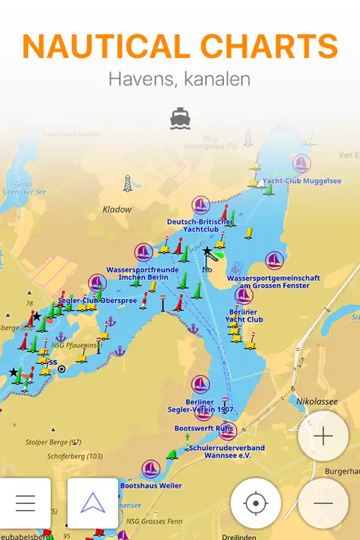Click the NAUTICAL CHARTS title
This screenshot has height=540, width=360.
click(180, 47)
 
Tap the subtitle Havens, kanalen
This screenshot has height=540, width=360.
click(179, 79)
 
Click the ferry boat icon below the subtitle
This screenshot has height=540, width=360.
click(179, 118)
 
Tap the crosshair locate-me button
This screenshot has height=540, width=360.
click(256, 502)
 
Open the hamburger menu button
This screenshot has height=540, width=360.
click(25, 502)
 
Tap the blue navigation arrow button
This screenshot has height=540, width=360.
click(92, 502)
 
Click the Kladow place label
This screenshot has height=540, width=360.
click(117, 210)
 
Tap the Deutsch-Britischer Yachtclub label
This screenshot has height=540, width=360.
click(200, 225)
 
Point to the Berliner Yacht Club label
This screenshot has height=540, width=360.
click(244, 315)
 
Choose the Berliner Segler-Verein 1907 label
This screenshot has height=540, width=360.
click(200, 405)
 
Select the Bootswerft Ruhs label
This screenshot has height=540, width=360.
click(205, 429)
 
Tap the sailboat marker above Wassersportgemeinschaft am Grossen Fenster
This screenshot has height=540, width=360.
click(274, 261)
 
